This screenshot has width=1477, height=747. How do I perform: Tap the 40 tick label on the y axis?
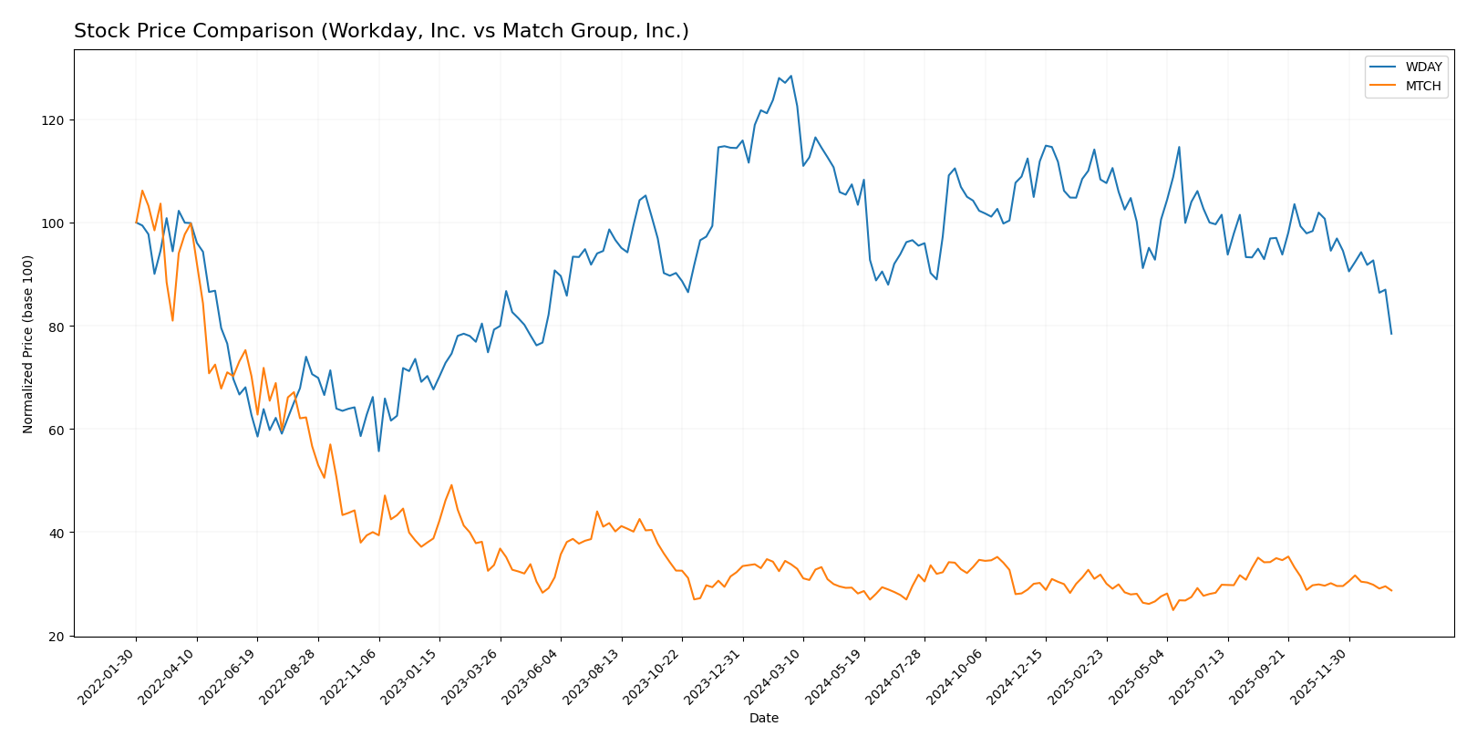pyautogui.click(x=57, y=533)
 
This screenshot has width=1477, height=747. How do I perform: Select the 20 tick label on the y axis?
pyautogui.click(x=57, y=636)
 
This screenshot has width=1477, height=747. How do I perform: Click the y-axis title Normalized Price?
pyautogui.click(x=28, y=344)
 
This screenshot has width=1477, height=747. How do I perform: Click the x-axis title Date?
pyautogui.click(x=763, y=719)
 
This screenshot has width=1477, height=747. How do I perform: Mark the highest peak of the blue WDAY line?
pyautogui.click(x=790, y=76)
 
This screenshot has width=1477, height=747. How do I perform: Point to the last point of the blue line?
pyautogui.click(x=1391, y=334)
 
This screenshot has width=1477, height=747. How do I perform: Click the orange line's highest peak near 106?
pyautogui.click(x=142, y=191)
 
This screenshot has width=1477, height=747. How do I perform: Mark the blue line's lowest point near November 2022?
pyautogui.click(x=378, y=451)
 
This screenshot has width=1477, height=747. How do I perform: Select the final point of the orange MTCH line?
pyautogui.click(x=1391, y=590)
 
